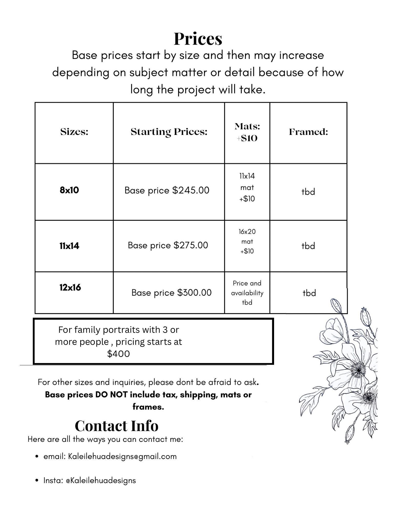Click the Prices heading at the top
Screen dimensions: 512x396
198,39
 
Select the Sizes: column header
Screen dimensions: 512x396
74,132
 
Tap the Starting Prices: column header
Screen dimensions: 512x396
169,132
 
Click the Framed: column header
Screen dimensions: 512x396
308,132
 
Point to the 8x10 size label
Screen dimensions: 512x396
69,190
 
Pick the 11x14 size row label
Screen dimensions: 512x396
69,246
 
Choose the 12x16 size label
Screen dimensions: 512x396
70,287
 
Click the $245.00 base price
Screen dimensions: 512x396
191,190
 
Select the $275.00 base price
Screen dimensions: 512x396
191,245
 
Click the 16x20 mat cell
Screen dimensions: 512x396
247,241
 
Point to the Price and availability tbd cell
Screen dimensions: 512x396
247,293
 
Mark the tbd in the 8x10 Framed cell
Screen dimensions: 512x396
308,192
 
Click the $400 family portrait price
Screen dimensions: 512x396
118,354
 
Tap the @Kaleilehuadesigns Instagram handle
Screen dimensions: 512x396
101,481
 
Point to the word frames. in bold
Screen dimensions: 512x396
148,407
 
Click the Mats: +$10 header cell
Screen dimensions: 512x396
247,132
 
